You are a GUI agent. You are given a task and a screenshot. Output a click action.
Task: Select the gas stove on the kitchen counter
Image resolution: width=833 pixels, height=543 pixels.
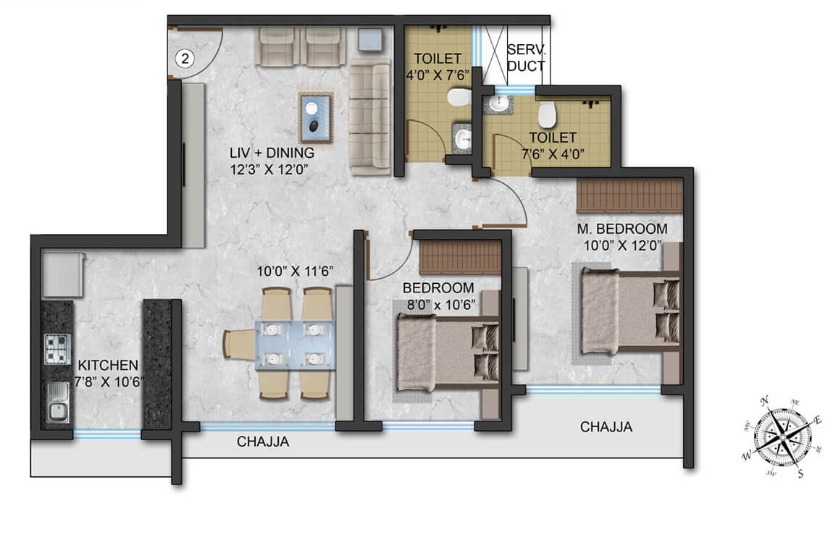tap(57, 348)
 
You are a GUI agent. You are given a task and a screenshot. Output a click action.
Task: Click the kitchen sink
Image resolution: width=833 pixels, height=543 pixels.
tap(57, 402)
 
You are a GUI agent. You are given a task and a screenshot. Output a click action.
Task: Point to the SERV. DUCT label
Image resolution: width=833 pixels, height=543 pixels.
tap(527, 58)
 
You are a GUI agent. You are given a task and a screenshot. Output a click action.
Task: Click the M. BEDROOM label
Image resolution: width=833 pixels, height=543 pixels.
tap(622, 230)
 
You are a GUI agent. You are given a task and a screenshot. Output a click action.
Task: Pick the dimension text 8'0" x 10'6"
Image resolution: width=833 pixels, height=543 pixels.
tap(439, 304)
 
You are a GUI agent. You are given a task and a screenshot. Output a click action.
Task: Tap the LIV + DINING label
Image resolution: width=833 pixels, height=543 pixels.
tap(270, 153)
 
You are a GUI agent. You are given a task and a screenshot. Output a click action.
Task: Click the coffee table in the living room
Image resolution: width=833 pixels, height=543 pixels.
tap(315, 117)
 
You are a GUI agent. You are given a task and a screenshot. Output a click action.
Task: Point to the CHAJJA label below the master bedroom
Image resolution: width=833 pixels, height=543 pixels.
tap(606, 427)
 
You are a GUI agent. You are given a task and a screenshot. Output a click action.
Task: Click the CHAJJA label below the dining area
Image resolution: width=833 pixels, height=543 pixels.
tap(263, 442)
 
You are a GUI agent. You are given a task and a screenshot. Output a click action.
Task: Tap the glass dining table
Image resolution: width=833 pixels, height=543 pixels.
tap(293, 344)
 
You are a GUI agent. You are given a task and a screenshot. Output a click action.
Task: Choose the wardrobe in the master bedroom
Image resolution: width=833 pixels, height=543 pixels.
tap(629, 196)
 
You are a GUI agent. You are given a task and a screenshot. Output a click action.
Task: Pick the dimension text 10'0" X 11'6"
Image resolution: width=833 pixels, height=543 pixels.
tap(299, 271)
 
